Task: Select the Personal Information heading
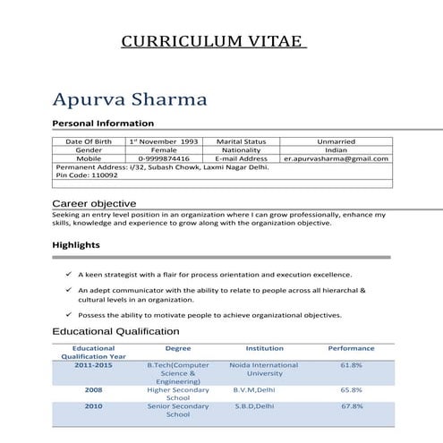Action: (103, 124)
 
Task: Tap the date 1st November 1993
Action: (164, 141)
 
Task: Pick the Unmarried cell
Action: (336, 141)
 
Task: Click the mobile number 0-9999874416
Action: (164, 158)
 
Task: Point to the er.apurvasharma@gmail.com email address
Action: (336, 158)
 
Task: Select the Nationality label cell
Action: (241, 150)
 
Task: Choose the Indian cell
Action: (336, 150)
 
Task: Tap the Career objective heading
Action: (94, 204)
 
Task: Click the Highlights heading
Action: (76, 244)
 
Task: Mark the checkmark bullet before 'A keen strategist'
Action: (69, 275)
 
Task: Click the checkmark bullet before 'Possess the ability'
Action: (69, 315)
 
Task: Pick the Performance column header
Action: (351, 348)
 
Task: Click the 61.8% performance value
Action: (351, 365)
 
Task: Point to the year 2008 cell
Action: (93, 390)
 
